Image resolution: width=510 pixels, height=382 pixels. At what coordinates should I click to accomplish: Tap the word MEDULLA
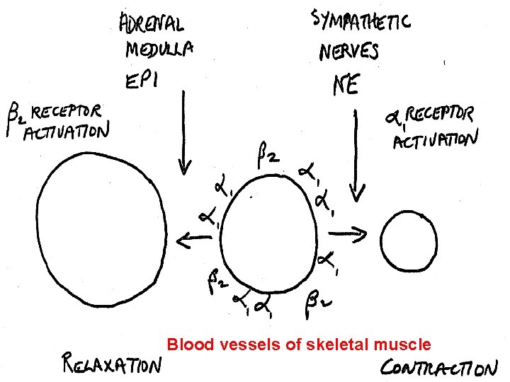[159, 50]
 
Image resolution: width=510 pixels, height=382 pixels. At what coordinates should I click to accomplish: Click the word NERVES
[348, 51]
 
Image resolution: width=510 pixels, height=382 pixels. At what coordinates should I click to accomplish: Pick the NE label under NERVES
[346, 85]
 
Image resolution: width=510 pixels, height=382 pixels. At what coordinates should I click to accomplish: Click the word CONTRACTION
[439, 368]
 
